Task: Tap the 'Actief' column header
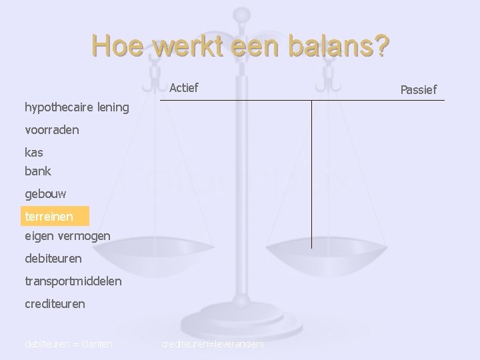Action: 184,87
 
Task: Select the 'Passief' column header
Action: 418,89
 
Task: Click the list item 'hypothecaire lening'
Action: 77,107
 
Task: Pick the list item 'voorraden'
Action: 52,130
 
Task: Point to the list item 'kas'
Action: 34,152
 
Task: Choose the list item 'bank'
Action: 38,171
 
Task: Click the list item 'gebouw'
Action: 45,193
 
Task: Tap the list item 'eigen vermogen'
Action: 67,235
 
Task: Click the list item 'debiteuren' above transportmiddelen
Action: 53,258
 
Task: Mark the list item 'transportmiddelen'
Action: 73,281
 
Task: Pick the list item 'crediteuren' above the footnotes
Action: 55,303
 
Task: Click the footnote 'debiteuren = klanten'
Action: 68,344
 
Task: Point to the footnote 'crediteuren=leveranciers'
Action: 213,344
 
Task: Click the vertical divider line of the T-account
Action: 311,173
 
